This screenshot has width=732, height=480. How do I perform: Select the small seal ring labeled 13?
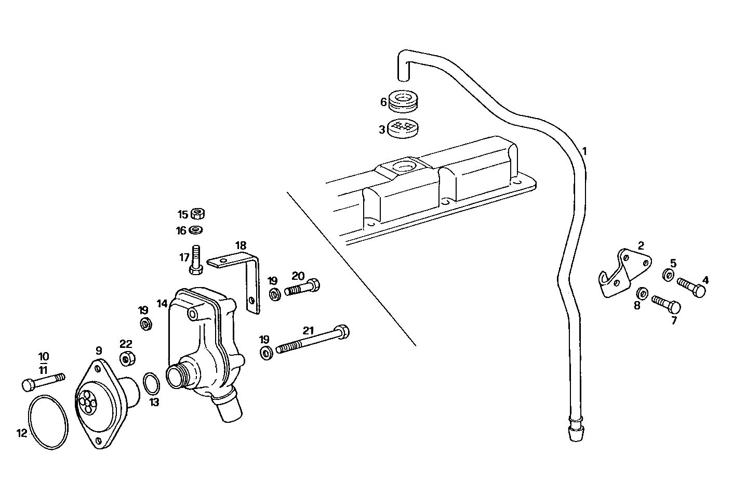(151, 384)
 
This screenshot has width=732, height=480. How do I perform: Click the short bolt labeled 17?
(196, 260)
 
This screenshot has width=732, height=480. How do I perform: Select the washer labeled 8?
(642, 293)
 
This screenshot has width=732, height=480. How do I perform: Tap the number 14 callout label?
(162, 303)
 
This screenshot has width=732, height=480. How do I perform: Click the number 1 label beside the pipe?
(584, 151)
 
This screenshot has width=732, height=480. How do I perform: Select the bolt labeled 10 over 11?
(43, 381)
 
